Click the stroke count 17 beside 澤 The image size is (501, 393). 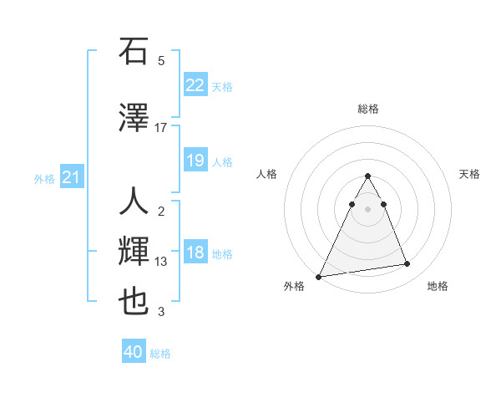(161, 127)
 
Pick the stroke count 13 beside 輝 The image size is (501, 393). (161, 262)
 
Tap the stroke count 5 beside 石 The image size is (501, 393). (161, 61)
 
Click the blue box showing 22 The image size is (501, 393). (195, 84)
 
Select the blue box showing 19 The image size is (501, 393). (195, 161)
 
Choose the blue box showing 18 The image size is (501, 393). (195, 253)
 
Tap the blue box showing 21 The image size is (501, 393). (72, 177)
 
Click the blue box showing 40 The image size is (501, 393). (134, 352)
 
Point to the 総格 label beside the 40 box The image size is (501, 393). (160, 354)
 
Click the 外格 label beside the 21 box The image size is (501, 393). (44, 179)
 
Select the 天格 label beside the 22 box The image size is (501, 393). (222, 86)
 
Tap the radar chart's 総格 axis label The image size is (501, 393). (367, 109)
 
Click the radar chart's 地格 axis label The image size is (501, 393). (438, 286)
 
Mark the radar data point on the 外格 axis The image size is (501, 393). (319, 276)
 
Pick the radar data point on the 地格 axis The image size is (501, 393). (407, 264)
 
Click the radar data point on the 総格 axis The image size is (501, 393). (367, 176)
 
